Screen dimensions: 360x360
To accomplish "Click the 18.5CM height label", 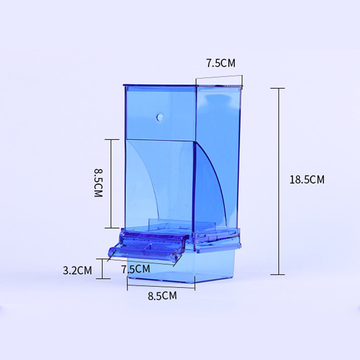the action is [307, 180].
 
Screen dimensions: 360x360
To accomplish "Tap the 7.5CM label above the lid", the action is [220, 63].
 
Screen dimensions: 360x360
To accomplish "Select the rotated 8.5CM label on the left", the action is [98, 183].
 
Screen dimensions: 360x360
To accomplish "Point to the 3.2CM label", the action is [77, 270].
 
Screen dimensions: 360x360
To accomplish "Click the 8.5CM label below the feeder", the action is [162, 296].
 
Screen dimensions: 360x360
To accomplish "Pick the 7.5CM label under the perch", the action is [136, 269].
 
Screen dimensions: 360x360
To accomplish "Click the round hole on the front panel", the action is [160, 117].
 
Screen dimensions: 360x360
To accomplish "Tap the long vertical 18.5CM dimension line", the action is [279, 181].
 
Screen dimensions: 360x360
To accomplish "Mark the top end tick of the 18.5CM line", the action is [278, 88].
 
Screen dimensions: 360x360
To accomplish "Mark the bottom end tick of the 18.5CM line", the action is [278, 274].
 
